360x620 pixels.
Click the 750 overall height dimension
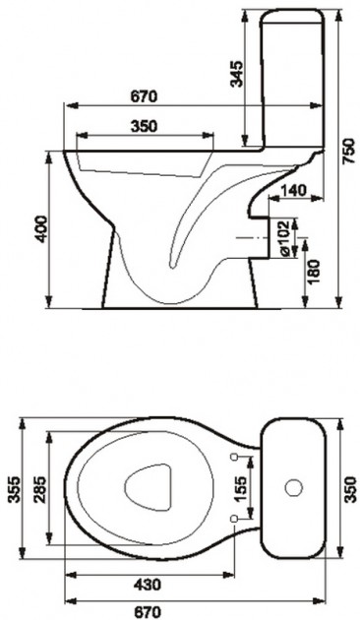(347, 152)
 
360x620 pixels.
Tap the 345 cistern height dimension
(237, 74)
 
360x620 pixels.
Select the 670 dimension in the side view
(144, 96)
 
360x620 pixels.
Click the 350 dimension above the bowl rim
(144, 126)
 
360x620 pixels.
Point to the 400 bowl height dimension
(41, 229)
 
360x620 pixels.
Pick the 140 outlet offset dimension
(293, 191)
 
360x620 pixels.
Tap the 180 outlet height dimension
(314, 272)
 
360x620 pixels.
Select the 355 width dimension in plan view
(15, 489)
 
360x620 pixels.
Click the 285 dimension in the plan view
(40, 489)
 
